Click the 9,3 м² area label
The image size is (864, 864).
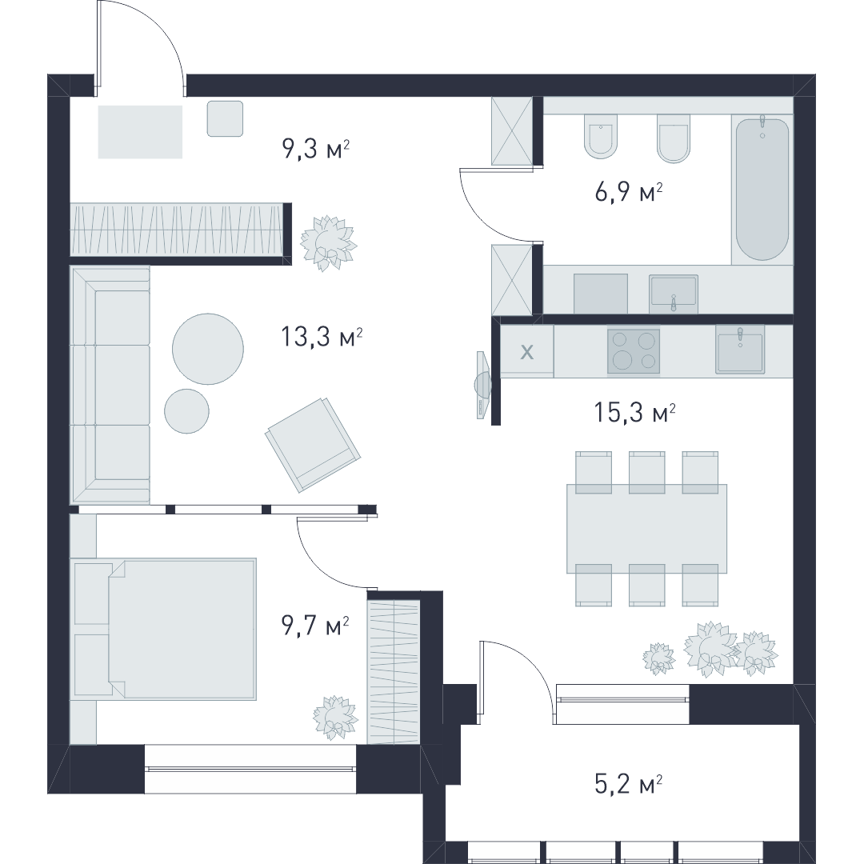[316, 148]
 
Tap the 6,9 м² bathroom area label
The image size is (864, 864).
[628, 192]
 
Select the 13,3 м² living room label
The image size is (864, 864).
[322, 336]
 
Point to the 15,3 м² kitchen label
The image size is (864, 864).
[634, 412]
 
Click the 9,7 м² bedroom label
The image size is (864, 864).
[315, 626]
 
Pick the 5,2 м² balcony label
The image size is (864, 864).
[628, 783]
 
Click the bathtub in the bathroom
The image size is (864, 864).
[762, 188]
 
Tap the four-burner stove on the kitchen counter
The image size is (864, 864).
[634, 351]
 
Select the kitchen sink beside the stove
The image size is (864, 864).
[739, 350]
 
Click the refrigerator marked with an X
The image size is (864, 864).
[526, 351]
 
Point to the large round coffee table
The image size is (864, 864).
[208, 349]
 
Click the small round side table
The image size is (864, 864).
[186, 411]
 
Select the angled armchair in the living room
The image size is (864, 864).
[313, 445]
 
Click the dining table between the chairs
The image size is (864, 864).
[646, 529]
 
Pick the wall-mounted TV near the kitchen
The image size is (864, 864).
[482, 385]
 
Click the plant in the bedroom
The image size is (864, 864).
[335, 717]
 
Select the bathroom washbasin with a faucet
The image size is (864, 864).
[674, 291]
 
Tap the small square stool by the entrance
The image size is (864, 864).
[225, 118]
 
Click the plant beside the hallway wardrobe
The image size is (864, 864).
[329, 243]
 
